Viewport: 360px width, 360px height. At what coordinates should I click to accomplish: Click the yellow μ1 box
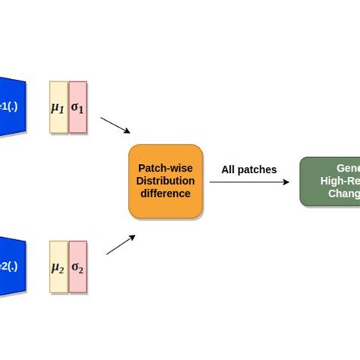tap(58, 107)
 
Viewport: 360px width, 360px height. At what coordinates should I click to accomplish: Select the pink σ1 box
tap(78, 107)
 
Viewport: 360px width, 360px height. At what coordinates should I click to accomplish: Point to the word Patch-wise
tap(166, 168)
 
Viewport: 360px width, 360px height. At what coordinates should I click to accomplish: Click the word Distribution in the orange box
tap(166, 181)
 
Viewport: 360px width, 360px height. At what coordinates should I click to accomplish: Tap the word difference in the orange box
tap(166, 194)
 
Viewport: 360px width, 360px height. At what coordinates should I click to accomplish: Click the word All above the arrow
tap(229, 169)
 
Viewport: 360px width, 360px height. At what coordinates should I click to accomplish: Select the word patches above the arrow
tap(259, 169)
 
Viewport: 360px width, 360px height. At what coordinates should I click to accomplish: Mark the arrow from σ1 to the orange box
tap(115, 125)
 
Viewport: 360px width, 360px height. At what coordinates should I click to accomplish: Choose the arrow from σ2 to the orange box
tap(121, 245)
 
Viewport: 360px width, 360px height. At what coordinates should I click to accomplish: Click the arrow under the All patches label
tap(249, 182)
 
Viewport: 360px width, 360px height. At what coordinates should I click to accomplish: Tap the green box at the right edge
tap(330, 181)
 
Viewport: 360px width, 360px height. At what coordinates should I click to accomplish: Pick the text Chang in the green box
tap(343, 194)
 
